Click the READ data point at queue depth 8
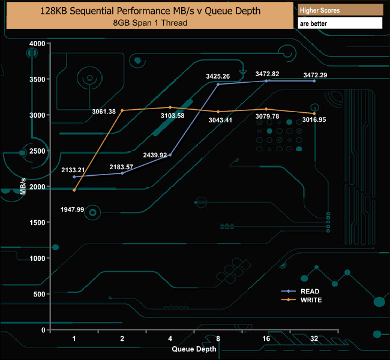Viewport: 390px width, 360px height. tap(218, 84)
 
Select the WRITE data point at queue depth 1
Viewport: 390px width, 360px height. tap(74, 190)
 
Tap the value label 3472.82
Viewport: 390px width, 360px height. tap(267, 74)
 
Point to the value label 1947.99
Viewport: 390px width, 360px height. tap(72, 209)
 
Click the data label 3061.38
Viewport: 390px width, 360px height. tap(104, 111)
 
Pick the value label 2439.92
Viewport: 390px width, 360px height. tap(155, 155)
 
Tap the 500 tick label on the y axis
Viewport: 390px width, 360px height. tap(40, 294)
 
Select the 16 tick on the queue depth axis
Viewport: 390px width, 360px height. tap(266, 338)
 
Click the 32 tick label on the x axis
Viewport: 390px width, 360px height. tap(314, 338)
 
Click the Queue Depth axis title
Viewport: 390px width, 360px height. tap(194, 348)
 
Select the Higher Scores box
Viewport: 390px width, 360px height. tap(340, 10)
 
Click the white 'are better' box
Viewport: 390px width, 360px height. tap(340, 23)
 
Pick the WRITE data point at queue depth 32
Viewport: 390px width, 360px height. tap(314, 113)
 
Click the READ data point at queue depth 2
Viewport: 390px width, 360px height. tap(122, 173)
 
